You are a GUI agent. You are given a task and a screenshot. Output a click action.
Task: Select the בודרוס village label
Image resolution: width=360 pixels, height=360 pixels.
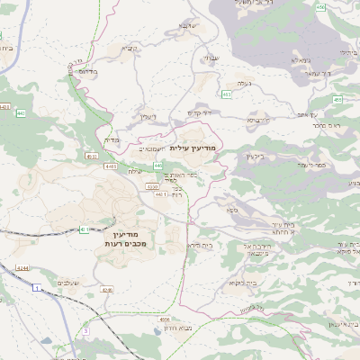(x=88, y=70)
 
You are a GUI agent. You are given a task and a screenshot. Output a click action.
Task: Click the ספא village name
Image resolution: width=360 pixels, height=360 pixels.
(x=232, y=209)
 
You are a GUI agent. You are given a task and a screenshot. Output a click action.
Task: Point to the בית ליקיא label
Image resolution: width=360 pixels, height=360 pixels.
(x=239, y=283)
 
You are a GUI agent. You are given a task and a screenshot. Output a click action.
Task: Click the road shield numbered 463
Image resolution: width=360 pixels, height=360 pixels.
(x=227, y=93)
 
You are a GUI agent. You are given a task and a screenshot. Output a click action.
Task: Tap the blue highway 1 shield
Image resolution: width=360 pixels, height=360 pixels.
(x=36, y=287)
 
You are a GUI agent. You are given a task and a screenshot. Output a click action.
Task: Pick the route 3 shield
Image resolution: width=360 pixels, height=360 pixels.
(x=86, y=331)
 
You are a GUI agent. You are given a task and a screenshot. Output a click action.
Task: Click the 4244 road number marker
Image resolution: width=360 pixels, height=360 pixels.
(x=22, y=269)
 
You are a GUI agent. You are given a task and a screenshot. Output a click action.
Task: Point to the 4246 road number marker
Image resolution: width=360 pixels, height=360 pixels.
(x=107, y=290)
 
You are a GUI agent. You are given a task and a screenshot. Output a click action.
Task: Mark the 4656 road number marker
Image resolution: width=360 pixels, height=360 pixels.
(x=164, y=319)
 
